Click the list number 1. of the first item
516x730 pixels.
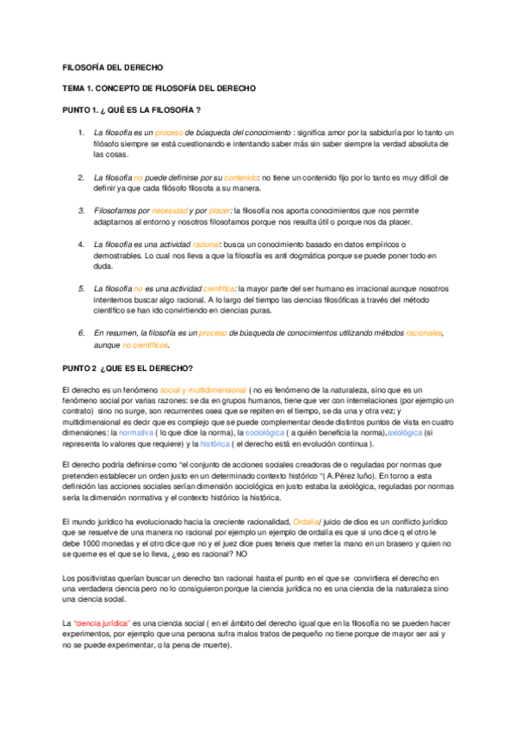80,132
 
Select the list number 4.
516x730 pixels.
80,244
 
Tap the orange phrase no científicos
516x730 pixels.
146,344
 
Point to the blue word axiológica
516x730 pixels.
406,433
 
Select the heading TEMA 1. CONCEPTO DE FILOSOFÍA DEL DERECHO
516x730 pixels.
159,89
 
